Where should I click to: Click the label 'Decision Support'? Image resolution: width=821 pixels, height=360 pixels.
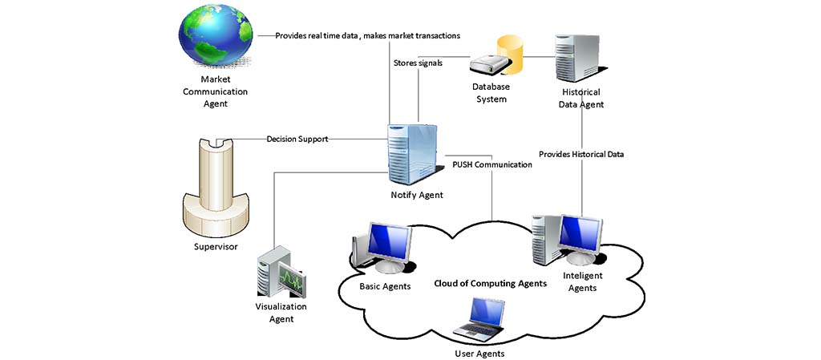coord(297,140)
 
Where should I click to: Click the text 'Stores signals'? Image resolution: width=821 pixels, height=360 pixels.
coord(419,63)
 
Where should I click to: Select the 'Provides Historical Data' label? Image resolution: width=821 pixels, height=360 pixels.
coord(581,154)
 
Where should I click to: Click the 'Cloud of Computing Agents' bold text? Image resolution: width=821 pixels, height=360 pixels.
coord(491,283)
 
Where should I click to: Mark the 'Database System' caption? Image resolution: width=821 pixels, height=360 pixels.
coord(491,93)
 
